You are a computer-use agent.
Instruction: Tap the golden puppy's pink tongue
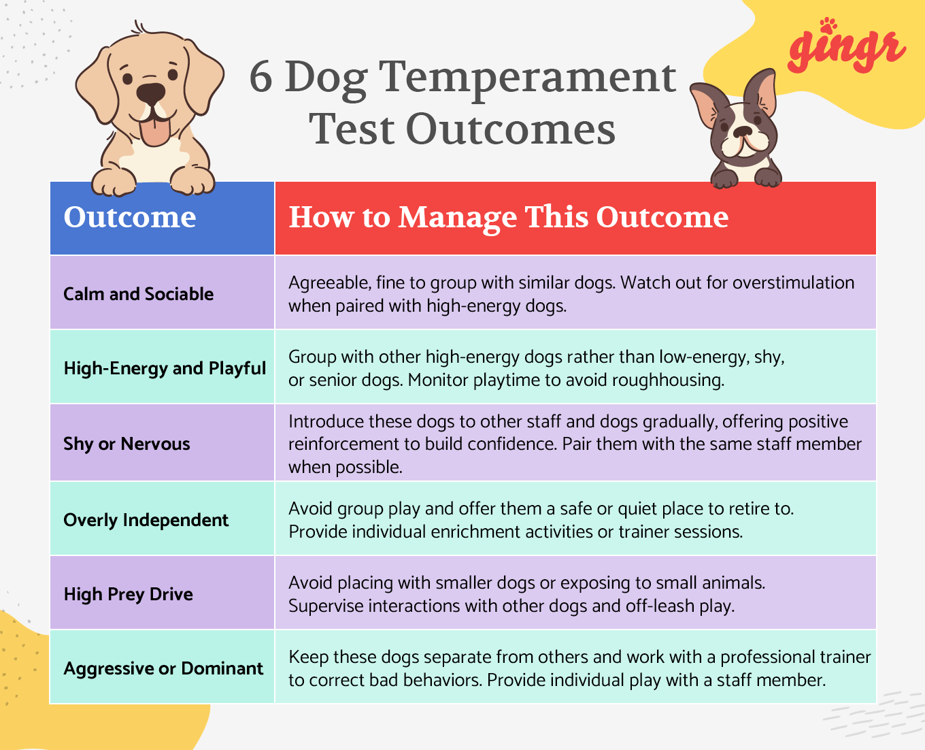pyautogui.click(x=156, y=132)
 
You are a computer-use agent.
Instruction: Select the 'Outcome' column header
pyautogui.click(x=130, y=217)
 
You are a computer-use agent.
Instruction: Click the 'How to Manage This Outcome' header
pyautogui.click(x=508, y=217)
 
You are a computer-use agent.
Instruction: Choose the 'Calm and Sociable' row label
pyautogui.click(x=139, y=294)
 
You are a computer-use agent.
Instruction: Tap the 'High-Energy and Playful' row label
pyautogui.click(x=165, y=368)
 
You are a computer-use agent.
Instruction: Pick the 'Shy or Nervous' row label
pyautogui.click(x=127, y=444)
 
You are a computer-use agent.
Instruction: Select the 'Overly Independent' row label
pyautogui.click(x=146, y=520)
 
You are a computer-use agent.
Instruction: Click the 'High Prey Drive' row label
pyautogui.click(x=128, y=594)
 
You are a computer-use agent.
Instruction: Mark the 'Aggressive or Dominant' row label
pyautogui.click(x=163, y=668)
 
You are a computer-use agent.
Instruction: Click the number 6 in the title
pyautogui.click(x=261, y=77)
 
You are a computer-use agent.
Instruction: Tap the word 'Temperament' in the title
pyautogui.click(x=527, y=77)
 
